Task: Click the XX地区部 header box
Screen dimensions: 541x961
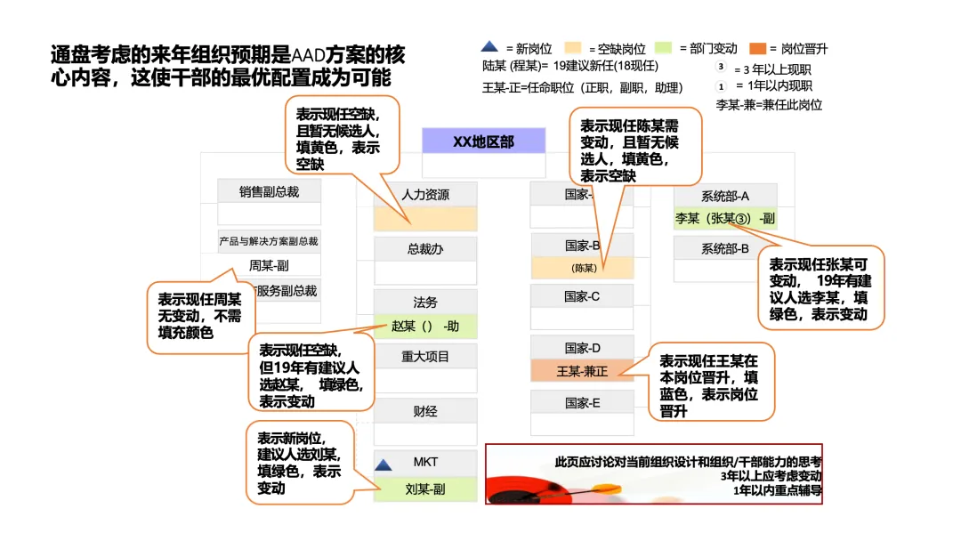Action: pos(483,141)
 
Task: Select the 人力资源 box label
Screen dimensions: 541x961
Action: pos(425,195)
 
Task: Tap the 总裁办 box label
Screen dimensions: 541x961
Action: pos(425,249)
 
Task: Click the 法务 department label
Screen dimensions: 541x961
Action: pos(425,303)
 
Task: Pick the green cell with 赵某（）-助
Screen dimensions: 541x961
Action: pos(425,326)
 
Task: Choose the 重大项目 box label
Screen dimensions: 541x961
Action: pos(425,357)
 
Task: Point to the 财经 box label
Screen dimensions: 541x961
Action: pos(425,411)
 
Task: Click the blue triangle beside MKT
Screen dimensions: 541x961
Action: pos(384,464)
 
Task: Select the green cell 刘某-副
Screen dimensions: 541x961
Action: pos(425,489)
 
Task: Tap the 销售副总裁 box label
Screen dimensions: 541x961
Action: pos(269,190)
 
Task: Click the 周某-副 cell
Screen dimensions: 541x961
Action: pos(269,265)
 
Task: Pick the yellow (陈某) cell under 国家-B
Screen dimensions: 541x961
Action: pos(583,268)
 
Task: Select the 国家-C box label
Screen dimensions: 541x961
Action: pos(583,296)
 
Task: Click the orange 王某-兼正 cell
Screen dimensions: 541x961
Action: pos(583,371)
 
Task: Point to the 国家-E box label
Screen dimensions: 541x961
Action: pos(583,403)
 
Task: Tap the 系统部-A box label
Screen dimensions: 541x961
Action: pos(725,196)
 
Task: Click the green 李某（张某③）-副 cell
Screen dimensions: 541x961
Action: pos(725,218)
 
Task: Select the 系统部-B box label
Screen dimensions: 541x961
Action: pos(725,248)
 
